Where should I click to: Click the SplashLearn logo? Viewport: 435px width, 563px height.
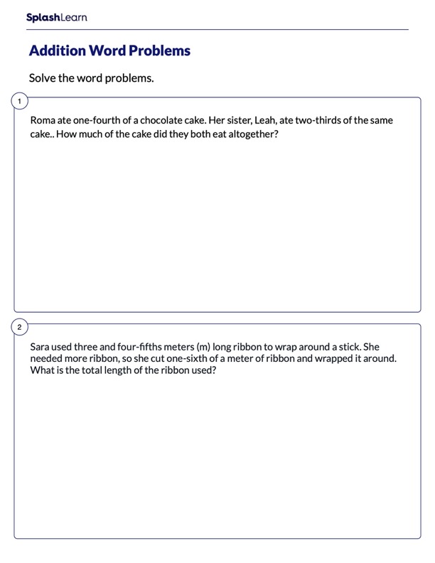pyautogui.click(x=56, y=17)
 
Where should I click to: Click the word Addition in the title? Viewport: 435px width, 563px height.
pyautogui.click(x=56, y=51)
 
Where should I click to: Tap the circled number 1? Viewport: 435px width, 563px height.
pyautogui.click(x=19, y=102)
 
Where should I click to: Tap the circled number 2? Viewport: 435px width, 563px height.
pyautogui.click(x=19, y=328)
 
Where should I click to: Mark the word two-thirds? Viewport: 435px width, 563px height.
pyautogui.click(x=321, y=121)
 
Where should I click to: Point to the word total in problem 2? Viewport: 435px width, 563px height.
pyautogui.click(x=88, y=370)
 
